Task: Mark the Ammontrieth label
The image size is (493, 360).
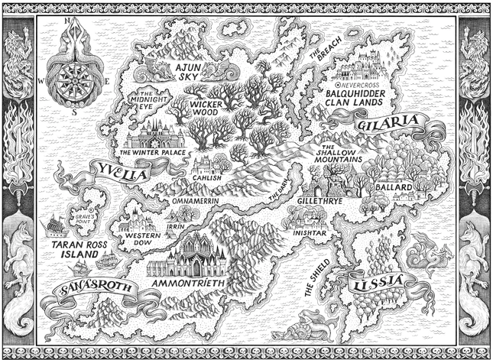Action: click(x=186, y=284)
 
